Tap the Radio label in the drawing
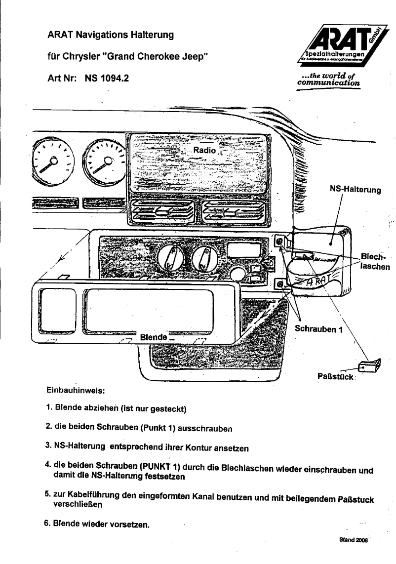[x=204, y=150]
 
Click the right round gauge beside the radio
[x=104, y=160]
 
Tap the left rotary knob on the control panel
[x=170, y=259]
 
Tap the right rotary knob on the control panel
[x=203, y=259]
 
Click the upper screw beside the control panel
[x=279, y=242]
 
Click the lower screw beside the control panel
[x=279, y=284]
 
